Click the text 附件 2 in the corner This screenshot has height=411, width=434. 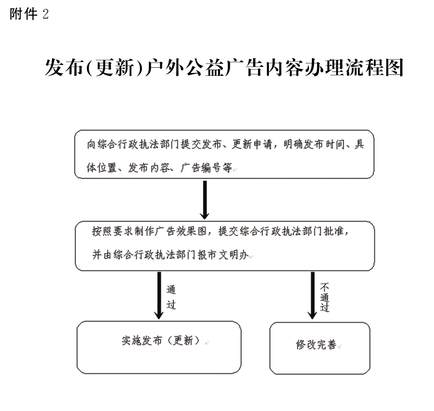[29, 13]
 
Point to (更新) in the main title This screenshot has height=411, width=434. [115, 68]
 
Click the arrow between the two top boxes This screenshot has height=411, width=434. [205, 200]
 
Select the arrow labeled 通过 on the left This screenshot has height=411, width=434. [159, 295]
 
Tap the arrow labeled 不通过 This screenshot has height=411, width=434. [312, 295]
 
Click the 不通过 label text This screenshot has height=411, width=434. [325, 297]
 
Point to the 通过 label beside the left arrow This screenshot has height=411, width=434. [171, 297]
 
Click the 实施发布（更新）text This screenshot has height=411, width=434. [161, 340]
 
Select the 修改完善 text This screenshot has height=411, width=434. [316, 345]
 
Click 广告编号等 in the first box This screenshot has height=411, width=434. [206, 168]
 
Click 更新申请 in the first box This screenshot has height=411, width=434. [252, 144]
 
